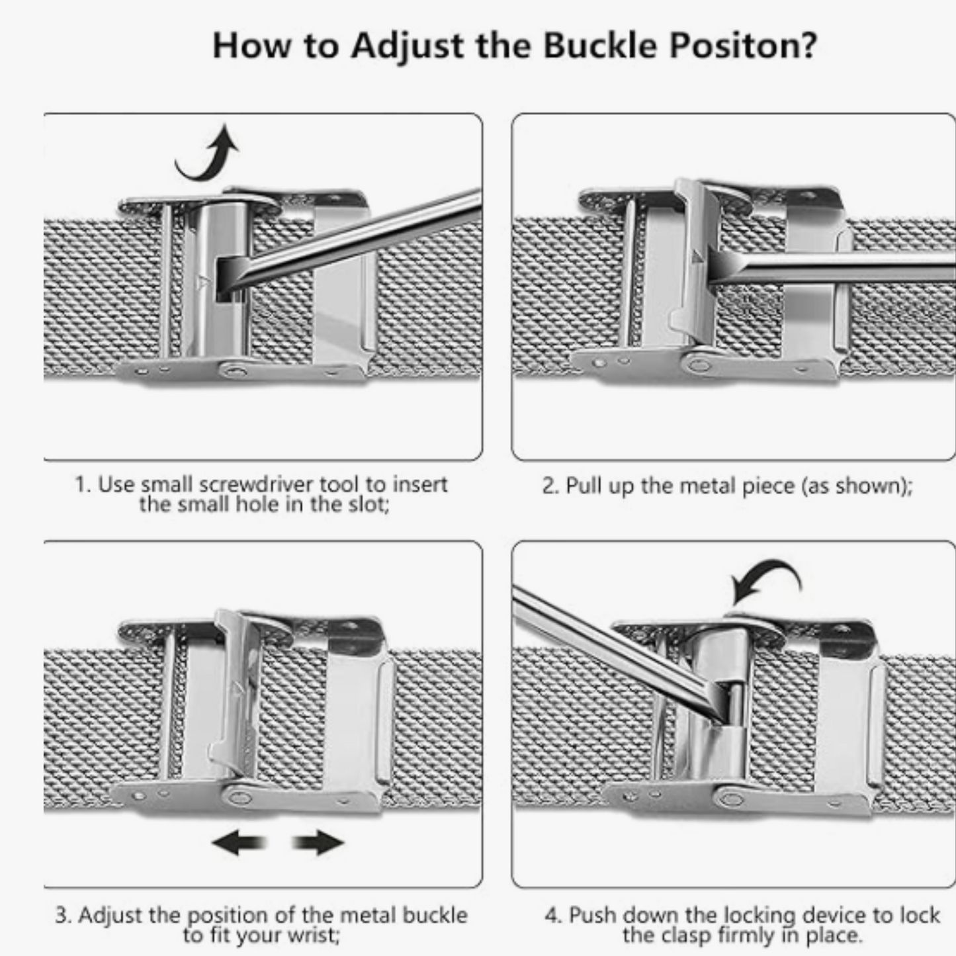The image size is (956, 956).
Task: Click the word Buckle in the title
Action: (x=600, y=46)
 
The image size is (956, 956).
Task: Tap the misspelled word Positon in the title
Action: (x=743, y=46)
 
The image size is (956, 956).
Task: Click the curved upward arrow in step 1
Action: (x=208, y=153)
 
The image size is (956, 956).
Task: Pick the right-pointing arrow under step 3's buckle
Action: (x=318, y=842)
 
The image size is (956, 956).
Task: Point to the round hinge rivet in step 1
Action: (x=235, y=371)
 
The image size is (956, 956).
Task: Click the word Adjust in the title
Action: (x=408, y=46)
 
